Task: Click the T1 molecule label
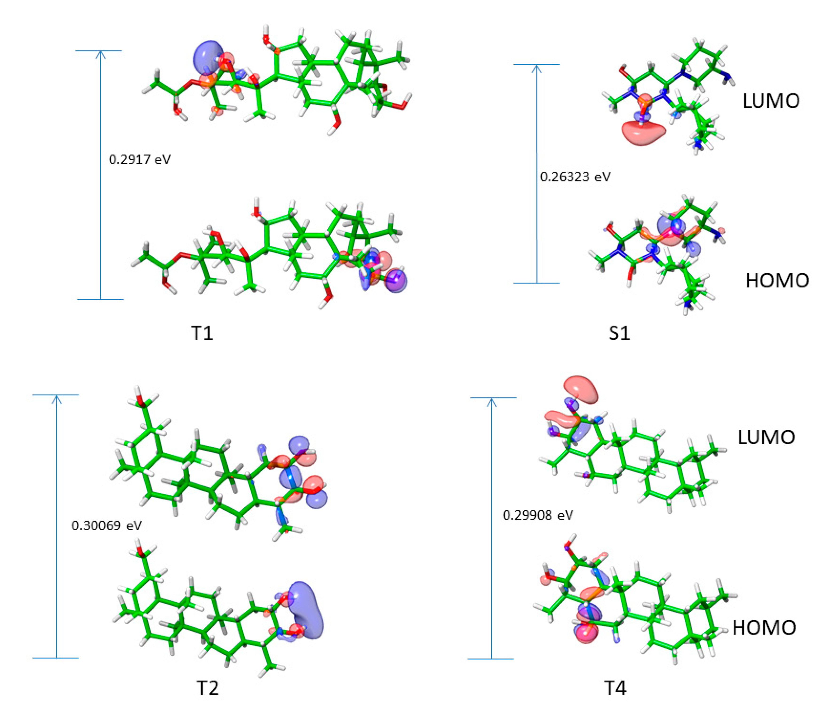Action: [202, 333]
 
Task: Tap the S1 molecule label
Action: [619, 333]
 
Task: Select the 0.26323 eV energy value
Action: [575, 177]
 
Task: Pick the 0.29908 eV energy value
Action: [538, 515]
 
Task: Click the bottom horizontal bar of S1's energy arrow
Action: [536, 283]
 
